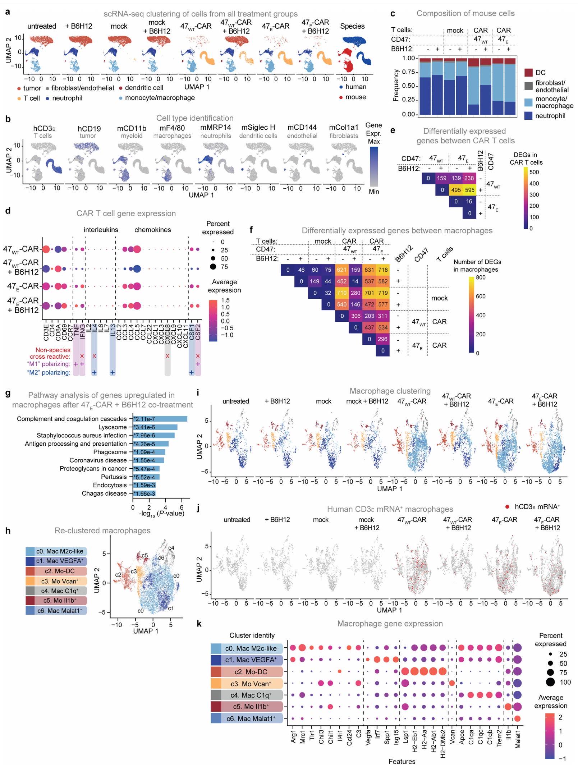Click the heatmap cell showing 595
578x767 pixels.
[469, 190]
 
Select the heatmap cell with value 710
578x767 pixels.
[341, 293]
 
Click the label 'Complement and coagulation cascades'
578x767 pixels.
[72, 419]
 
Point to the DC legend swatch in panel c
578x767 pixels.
[528, 73]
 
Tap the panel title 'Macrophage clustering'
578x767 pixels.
[390, 391]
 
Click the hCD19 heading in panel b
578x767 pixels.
[89, 129]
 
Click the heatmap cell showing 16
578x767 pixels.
[469, 202]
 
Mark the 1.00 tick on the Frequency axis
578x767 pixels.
[409, 58]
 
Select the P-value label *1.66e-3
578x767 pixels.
[144, 493]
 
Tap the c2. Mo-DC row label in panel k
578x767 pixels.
[251, 672]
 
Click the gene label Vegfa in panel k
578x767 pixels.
[368, 736]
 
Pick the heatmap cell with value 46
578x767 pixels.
[301, 270]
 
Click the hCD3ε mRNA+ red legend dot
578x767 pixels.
[507, 507]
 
